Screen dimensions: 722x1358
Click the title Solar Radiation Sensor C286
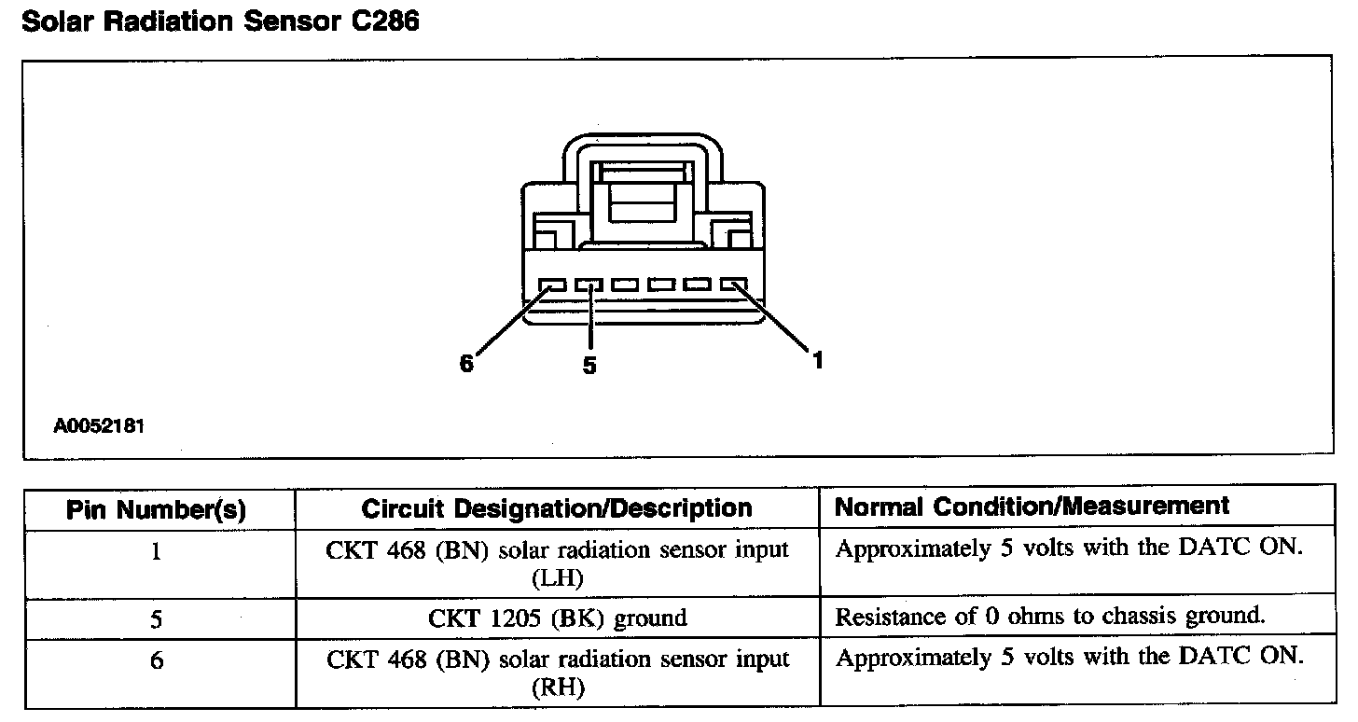coord(220,21)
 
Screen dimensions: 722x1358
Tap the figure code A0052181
coord(99,426)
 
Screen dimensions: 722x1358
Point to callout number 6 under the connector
coord(466,363)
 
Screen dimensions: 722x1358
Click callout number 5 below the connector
coord(589,366)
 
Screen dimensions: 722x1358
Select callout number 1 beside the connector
coord(818,359)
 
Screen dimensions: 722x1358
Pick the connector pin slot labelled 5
coord(589,284)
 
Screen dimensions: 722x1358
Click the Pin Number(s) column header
coord(157,509)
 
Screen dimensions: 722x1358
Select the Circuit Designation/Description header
coord(557,508)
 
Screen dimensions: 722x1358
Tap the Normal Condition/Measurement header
coord(1032,507)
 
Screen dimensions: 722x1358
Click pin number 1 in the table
coord(156,551)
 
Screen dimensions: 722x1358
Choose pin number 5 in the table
coord(156,618)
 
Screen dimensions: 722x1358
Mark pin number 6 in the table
coord(156,660)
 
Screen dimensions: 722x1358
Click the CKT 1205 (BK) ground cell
coord(557,618)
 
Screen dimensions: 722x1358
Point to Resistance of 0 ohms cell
coord(1049,617)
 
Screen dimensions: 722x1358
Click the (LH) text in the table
coord(557,578)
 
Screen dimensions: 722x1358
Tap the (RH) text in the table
coord(557,688)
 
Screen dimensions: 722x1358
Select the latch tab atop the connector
coord(644,187)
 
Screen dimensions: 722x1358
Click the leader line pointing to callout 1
coord(774,320)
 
